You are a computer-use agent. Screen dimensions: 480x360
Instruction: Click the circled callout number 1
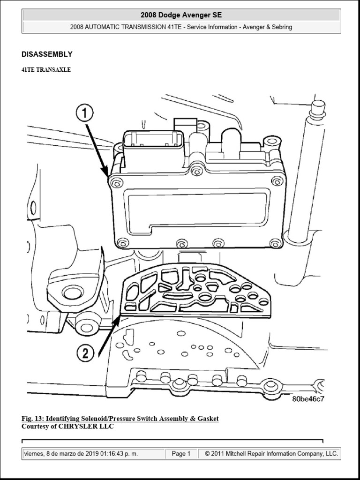85,114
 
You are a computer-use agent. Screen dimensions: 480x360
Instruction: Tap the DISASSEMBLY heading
47,54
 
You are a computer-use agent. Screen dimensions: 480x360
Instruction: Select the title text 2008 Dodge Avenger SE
181,15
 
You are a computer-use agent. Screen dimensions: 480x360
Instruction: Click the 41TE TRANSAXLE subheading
46,69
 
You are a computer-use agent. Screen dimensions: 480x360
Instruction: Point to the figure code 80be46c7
308,399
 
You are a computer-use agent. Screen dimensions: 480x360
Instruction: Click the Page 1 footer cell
181,454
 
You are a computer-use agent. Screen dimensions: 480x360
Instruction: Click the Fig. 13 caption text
120,419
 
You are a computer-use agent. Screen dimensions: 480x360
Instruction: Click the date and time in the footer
94,454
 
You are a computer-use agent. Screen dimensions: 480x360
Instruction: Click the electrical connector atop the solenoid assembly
153,146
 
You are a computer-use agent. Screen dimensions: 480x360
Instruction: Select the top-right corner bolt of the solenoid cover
277,180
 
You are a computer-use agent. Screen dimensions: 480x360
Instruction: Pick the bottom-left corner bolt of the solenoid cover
122,242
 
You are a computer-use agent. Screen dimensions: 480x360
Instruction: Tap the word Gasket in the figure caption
208,419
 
